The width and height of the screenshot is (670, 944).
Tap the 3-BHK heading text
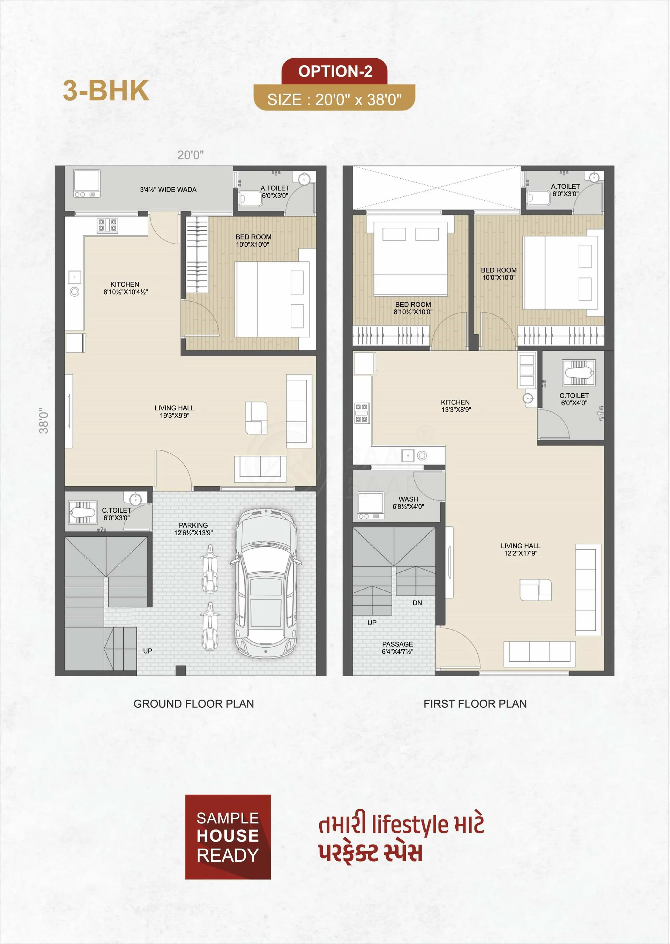point(106,90)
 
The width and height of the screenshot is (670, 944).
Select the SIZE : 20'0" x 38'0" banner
point(334,98)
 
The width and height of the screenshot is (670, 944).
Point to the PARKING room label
point(193,528)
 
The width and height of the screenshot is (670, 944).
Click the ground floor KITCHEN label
point(125,288)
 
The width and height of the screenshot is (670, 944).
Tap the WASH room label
point(408,503)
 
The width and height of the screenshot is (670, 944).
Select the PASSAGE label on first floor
point(397,647)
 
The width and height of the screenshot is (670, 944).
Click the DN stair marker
point(417,603)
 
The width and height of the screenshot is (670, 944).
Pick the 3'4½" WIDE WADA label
point(168,189)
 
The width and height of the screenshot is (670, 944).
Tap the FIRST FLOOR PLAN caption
point(475,704)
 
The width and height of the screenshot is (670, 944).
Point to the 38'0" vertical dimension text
point(44,421)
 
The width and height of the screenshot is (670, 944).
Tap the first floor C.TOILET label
point(574,399)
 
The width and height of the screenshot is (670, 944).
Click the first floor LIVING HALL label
point(520,549)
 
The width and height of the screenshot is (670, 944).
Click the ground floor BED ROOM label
point(253,240)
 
